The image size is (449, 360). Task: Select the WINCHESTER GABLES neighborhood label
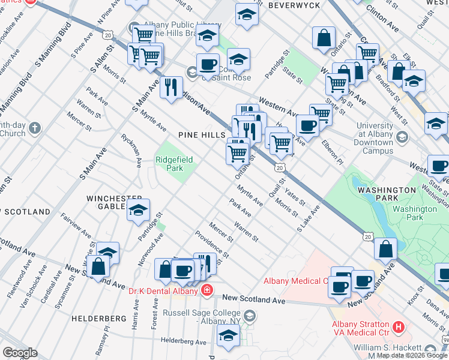[115, 202]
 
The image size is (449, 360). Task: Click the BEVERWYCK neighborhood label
[293, 5]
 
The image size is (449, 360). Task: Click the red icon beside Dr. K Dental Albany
[207, 291]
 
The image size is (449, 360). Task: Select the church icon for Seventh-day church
[35, 128]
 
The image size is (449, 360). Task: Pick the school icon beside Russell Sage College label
[249, 316]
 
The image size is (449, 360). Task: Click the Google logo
[20, 353]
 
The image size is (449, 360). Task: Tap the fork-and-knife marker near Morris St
[172, 87]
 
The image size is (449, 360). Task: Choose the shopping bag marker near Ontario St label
[324, 37]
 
